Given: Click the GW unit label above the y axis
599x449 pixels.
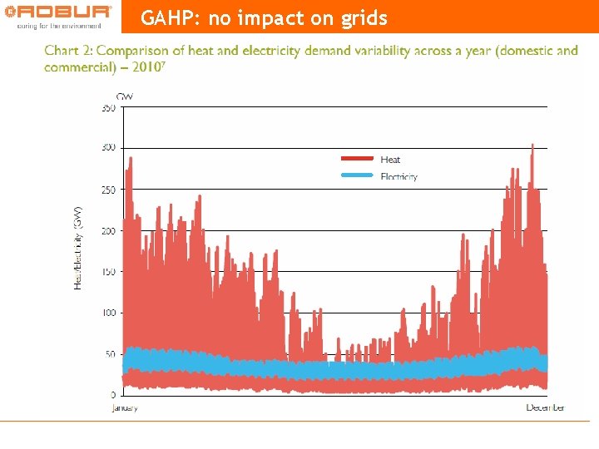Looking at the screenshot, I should pyautogui.click(x=125, y=96).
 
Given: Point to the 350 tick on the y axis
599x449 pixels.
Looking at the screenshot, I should pyautogui.click(x=109, y=107).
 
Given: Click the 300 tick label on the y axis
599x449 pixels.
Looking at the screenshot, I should pyautogui.click(x=109, y=148).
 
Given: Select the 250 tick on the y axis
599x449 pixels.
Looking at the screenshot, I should pyautogui.click(x=109, y=190).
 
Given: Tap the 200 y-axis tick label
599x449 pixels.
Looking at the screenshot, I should pyautogui.click(x=109, y=231).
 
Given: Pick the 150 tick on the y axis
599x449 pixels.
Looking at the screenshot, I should pyautogui.click(x=109, y=272).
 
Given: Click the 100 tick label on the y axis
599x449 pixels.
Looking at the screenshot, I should pyautogui.click(x=109, y=313).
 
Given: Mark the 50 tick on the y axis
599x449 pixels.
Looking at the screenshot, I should pyautogui.click(x=111, y=354).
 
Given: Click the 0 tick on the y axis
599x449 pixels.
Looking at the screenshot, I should pyautogui.click(x=113, y=394).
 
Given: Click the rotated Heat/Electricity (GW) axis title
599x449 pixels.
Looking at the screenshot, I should pyautogui.click(x=78, y=248).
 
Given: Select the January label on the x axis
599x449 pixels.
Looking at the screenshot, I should pyautogui.click(x=126, y=407).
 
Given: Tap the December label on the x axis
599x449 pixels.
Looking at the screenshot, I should pyautogui.click(x=546, y=407).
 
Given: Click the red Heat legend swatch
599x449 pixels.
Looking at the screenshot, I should pyautogui.click(x=359, y=159).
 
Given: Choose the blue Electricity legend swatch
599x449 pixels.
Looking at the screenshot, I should pyautogui.click(x=359, y=175).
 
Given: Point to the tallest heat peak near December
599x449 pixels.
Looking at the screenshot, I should pyautogui.click(x=532, y=146).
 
